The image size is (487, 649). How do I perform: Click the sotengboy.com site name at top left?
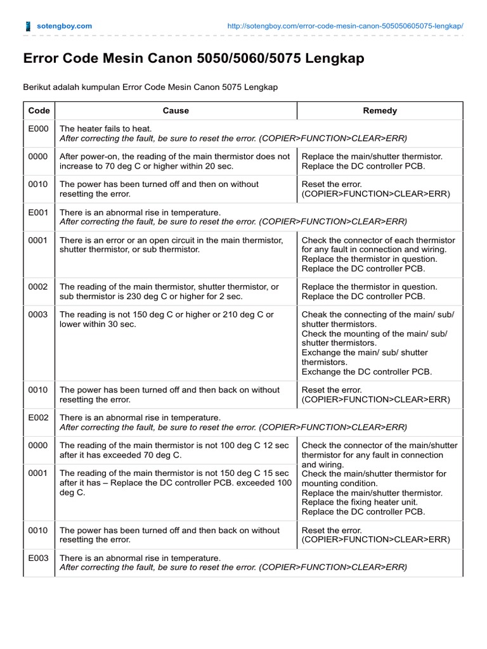click(65, 26)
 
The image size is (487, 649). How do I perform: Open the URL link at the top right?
click(345, 26)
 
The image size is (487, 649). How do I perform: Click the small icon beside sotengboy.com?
click(27, 26)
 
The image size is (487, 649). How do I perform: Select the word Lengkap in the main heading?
click(335, 59)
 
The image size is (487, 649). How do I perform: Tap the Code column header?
click(39, 110)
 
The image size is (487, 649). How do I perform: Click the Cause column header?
click(176, 110)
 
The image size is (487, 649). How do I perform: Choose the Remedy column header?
click(380, 110)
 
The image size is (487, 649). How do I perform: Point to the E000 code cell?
click(39, 129)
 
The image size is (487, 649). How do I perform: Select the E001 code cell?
click(39, 213)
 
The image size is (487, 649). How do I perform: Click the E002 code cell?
click(39, 418)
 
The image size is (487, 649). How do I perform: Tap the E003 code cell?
click(39, 558)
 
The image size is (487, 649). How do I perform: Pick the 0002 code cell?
click(39, 287)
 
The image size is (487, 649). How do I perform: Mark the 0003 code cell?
click(39, 315)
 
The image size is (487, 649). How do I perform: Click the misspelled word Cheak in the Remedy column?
click(315, 315)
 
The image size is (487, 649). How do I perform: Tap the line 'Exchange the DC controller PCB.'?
click(367, 372)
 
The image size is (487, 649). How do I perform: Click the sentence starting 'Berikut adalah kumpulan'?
click(150, 86)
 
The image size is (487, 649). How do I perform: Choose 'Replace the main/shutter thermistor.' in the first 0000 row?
click(372, 157)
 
